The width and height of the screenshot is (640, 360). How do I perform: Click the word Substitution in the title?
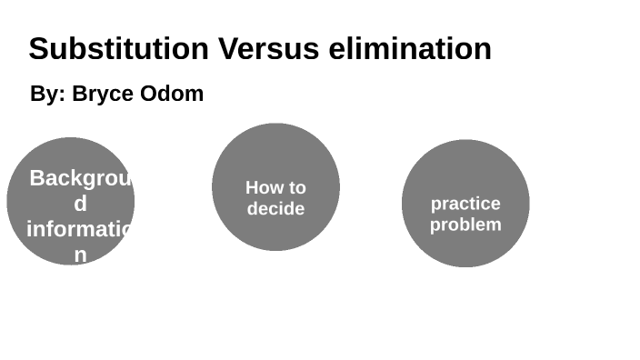point(118,48)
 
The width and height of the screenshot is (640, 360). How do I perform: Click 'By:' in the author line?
point(47,94)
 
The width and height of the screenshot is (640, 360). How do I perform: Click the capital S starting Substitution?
point(38,48)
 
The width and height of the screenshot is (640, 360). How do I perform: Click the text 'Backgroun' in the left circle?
point(81,178)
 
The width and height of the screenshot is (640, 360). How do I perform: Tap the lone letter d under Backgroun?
point(80,204)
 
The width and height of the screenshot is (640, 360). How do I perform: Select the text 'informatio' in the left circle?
point(79,229)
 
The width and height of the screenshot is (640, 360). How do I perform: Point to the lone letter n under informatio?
point(80,255)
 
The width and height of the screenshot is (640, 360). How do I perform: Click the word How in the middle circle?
point(265,188)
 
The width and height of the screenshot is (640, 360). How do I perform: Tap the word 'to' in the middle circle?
point(297,188)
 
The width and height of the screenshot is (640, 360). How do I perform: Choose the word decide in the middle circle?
point(275,209)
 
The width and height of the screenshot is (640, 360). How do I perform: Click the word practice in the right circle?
point(465,204)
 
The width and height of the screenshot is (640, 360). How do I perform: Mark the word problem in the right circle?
point(465,225)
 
